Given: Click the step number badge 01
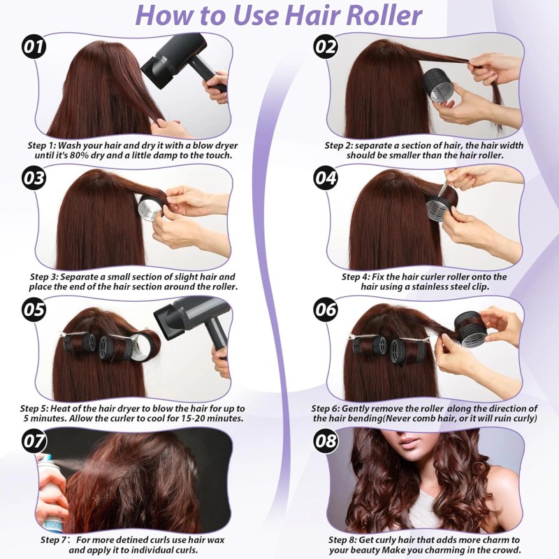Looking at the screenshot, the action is (34, 47).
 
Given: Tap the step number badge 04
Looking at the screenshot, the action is (326, 178).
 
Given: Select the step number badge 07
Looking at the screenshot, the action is (34, 441).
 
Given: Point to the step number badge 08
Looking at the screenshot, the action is (326, 441).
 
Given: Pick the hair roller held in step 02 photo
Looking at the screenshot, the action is (438, 85).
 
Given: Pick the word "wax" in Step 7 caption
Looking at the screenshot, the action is (217, 539).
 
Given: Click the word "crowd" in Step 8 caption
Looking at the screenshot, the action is (507, 549).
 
